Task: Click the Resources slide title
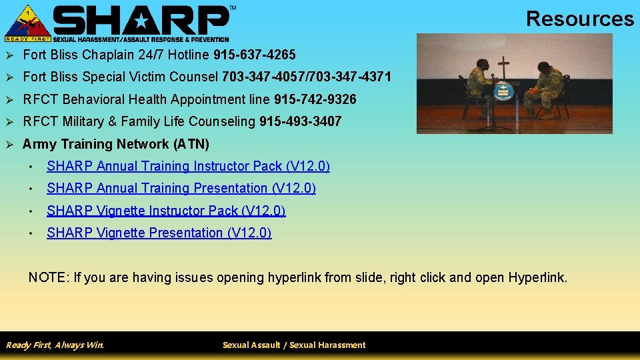[x=579, y=19]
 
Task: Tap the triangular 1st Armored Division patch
[x=27, y=21]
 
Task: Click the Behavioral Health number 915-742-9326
[x=315, y=99]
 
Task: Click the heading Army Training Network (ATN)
[x=116, y=144]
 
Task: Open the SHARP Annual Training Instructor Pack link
[x=188, y=166]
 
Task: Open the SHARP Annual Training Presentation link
[x=181, y=188]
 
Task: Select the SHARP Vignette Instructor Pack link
[x=166, y=211]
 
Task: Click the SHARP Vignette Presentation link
[x=159, y=233]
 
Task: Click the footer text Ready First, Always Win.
[x=55, y=345]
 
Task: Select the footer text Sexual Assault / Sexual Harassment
[x=294, y=345]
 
